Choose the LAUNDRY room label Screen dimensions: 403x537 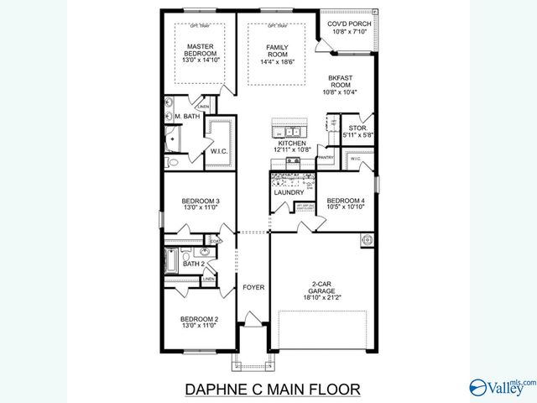click(x=289, y=193)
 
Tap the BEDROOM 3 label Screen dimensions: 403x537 click(x=200, y=201)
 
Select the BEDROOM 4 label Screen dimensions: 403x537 click(x=347, y=200)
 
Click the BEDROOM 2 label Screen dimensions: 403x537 click(x=200, y=319)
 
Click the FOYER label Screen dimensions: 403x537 click(x=253, y=287)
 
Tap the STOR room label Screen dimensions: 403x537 click(x=358, y=128)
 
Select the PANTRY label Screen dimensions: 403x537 click(x=326, y=157)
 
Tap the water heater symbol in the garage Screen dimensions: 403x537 click(x=367, y=240)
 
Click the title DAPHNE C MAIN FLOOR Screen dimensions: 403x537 click(x=271, y=389)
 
